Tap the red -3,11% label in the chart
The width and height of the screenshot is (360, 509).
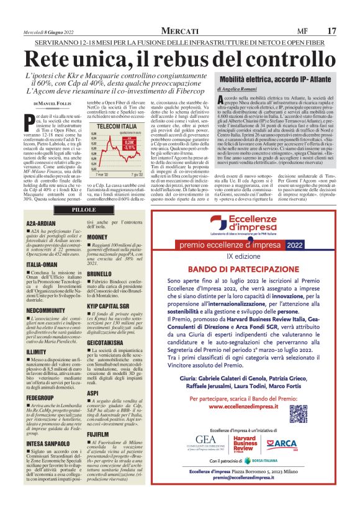[x=129, y=148]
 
